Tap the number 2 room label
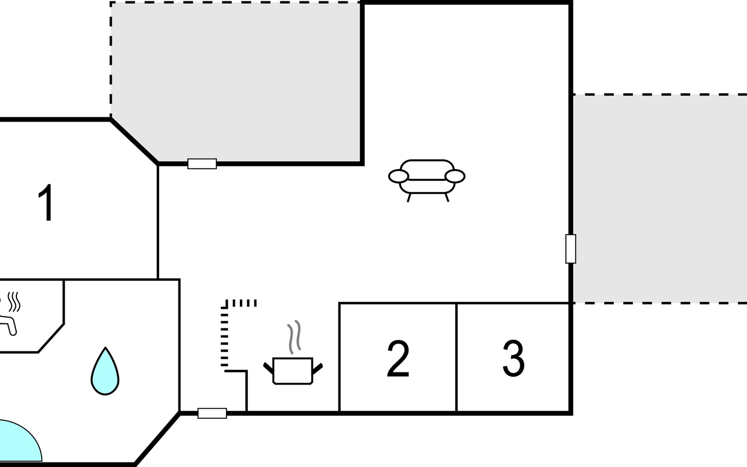click(398, 358)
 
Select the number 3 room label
click(514, 358)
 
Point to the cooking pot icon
click(293, 370)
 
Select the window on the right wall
click(570, 249)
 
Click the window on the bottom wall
click(212, 413)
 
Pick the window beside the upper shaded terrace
click(202, 164)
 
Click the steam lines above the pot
click(294, 337)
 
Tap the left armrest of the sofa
click(398, 176)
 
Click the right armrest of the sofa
click(455, 176)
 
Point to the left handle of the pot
click(268, 368)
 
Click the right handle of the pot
click(317, 368)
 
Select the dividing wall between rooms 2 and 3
click(456, 357)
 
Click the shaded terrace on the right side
click(659, 198)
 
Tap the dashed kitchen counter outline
click(225, 335)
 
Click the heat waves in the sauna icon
click(14, 302)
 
